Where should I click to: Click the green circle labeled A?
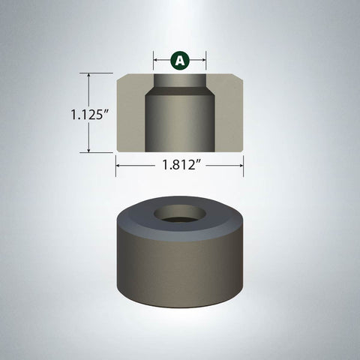[180, 60]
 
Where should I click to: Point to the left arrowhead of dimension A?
[156, 60]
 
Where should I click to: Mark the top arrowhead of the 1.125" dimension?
[90, 75]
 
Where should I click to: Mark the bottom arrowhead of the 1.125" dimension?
[90, 150]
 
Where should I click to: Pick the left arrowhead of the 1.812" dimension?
[118, 166]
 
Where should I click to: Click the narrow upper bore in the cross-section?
[180, 80]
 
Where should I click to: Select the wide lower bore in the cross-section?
[180, 124]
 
